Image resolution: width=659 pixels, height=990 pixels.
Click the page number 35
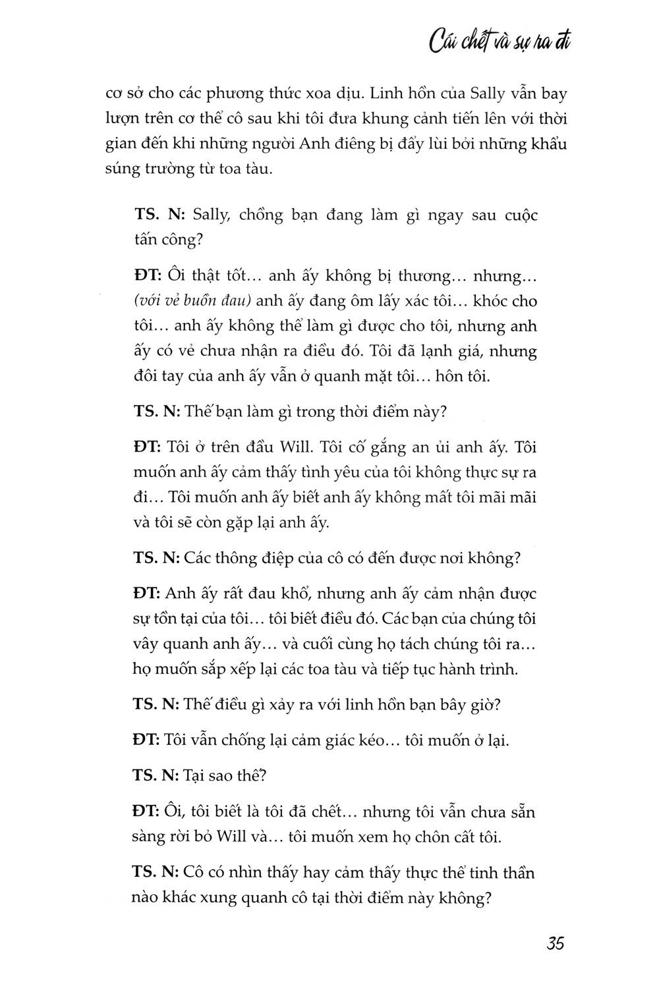(555, 943)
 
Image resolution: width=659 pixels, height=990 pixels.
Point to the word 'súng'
(124, 170)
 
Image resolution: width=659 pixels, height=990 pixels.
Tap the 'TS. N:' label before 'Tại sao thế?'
(156, 775)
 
